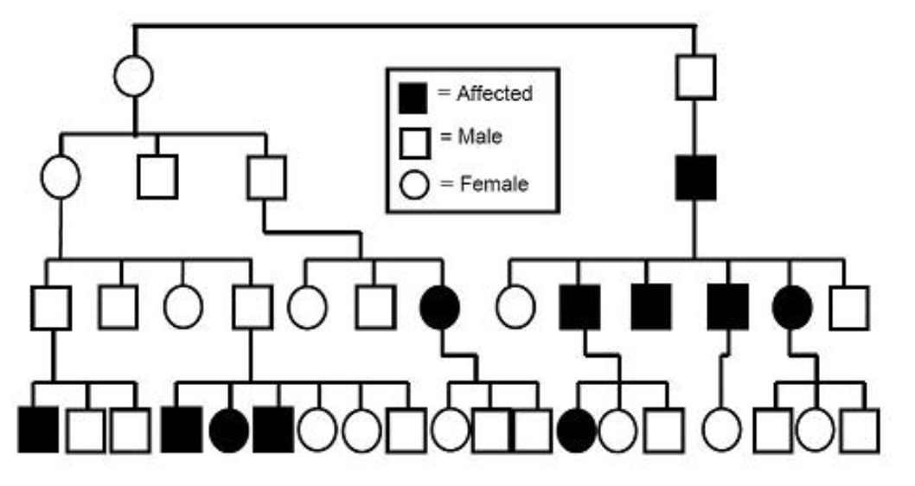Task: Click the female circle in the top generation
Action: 133,75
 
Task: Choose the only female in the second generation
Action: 61,176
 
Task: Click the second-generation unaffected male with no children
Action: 157,176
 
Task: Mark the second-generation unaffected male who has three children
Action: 266,176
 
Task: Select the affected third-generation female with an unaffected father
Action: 439,308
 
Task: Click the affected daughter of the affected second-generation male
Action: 791,308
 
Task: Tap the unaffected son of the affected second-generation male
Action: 848,308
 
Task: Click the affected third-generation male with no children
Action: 651,308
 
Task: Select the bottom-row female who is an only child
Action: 721,430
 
